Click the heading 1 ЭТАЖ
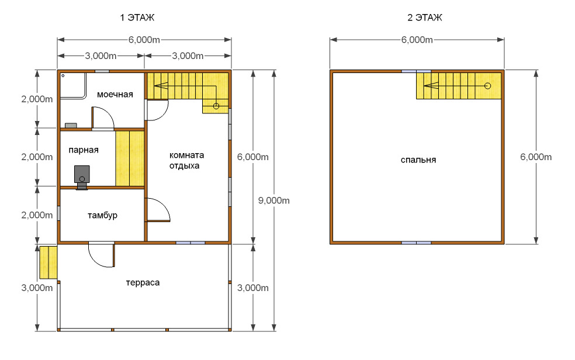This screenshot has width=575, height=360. click(x=137, y=18)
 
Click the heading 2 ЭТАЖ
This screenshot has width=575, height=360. click(x=425, y=18)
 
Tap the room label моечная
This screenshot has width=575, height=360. click(x=115, y=95)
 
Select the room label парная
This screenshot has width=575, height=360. click(x=84, y=150)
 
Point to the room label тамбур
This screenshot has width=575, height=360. click(x=102, y=215)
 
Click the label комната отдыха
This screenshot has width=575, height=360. click(x=186, y=160)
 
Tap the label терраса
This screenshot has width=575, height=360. click(x=143, y=283)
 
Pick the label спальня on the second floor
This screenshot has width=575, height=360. click(x=418, y=160)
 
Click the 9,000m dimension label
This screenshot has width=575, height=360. click(x=274, y=200)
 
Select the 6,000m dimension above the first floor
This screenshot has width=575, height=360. click(x=144, y=40)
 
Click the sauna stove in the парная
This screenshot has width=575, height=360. click(x=82, y=175)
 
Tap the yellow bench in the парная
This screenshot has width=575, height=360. click(x=130, y=158)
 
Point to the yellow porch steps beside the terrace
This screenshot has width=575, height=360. click(x=49, y=262)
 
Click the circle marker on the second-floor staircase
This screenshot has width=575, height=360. click(x=487, y=86)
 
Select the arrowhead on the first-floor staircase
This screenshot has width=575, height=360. click(x=161, y=86)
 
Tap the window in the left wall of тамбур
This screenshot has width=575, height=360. click(x=58, y=213)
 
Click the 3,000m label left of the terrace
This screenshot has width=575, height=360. click(x=37, y=288)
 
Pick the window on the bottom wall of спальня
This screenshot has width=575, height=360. click(x=416, y=243)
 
